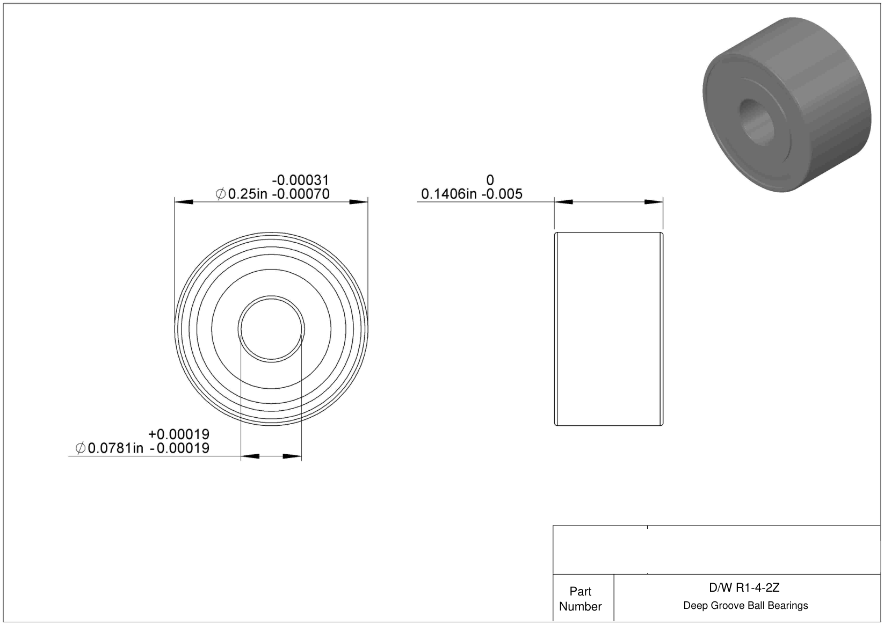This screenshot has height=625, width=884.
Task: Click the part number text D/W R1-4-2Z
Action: click(x=744, y=588)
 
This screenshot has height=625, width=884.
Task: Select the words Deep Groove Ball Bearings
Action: click(x=745, y=605)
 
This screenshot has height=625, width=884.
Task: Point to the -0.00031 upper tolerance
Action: click(x=300, y=180)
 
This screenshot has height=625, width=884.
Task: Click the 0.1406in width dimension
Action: click(x=448, y=194)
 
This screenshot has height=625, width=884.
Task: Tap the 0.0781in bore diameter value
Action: click(x=115, y=448)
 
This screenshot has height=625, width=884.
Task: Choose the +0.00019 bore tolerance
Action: click(x=179, y=434)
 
